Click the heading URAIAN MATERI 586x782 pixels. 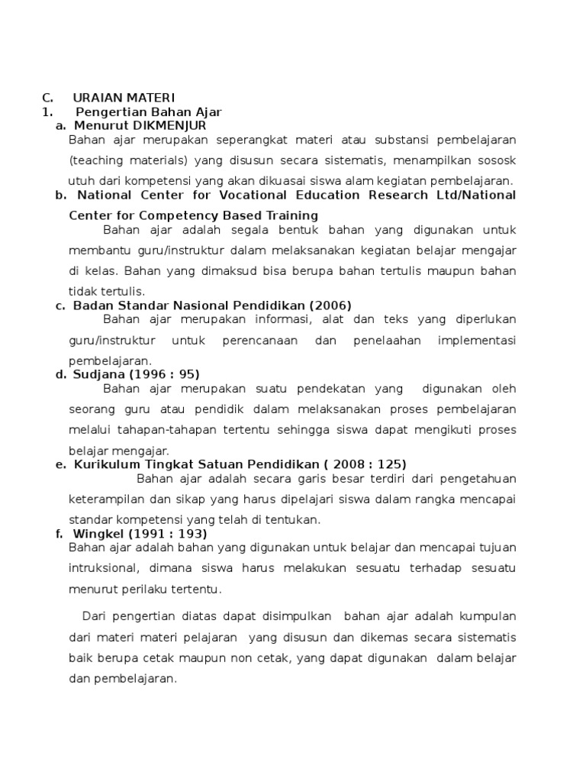coord(124,98)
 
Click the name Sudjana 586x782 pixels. coord(97,374)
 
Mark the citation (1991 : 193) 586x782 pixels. coord(167,533)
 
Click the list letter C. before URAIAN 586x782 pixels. coord(47,98)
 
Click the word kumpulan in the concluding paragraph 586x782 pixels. coord(488,616)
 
